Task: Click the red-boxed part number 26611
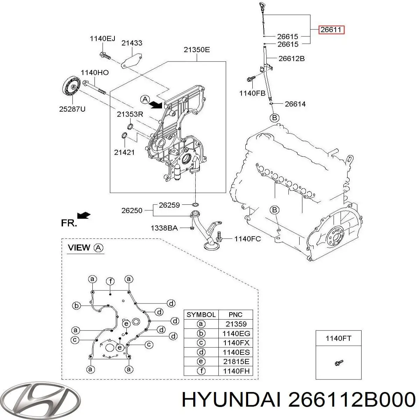point(331,30)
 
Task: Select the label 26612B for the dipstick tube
point(291,58)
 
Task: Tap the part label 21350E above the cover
point(197,50)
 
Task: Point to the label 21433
point(132,43)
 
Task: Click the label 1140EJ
point(102,39)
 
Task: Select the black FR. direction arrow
point(84,215)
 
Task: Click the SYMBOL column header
point(201,315)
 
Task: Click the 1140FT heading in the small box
point(338,338)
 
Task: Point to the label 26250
point(132,210)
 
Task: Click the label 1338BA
point(164,228)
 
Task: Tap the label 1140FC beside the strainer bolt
point(247,239)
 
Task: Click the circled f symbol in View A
point(110,281)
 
